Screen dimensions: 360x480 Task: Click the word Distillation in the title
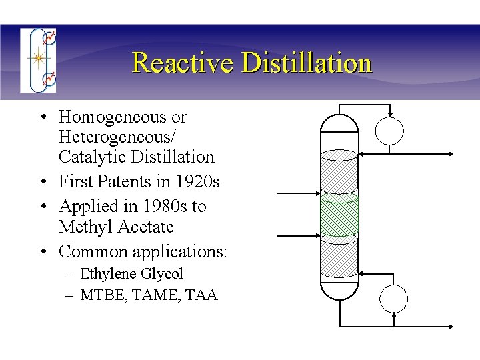point(307,63)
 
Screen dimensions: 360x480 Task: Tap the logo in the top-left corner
point(38,60)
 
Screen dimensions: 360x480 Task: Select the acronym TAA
point(203,295)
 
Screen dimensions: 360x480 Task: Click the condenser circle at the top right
point(389,131)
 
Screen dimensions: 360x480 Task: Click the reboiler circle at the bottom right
point(394,297)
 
